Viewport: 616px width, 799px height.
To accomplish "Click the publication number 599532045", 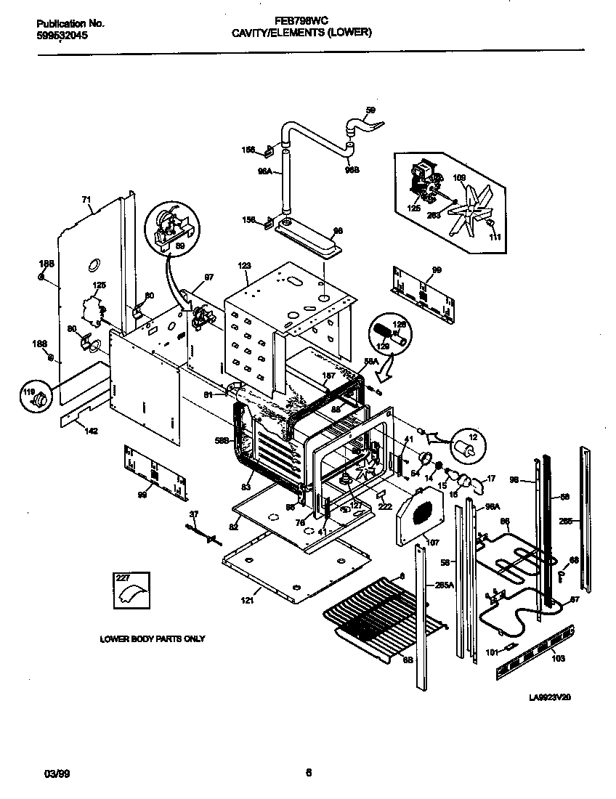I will (62, 35).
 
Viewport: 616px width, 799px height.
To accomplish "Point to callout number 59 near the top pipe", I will (370, 110).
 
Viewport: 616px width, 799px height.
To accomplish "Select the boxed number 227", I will (124, 578).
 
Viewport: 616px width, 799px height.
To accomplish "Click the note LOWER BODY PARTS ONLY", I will (153, 639).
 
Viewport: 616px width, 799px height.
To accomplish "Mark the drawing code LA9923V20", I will (550, 697).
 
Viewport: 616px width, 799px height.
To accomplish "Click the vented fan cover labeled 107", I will (419, 516).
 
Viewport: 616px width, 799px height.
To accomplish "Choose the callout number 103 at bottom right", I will (557, 660).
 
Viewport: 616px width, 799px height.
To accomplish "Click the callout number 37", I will (193, 514).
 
